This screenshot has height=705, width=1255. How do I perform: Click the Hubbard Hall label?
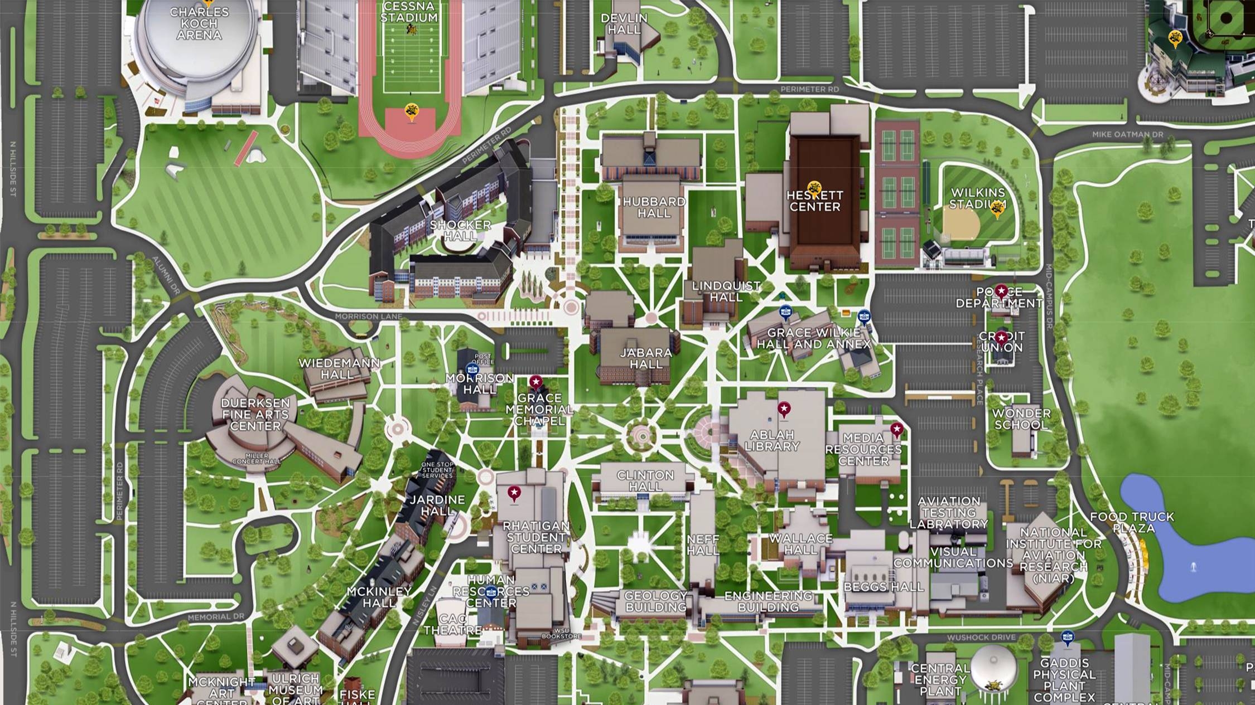[x=654, y=207]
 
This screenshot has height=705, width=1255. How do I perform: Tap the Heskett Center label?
[x=814, y=201]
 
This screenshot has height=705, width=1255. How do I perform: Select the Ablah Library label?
[x=772, y=440]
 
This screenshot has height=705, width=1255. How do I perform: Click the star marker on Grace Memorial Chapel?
[x=535, y=382]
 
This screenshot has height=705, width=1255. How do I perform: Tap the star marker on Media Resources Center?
[x=896, y=430]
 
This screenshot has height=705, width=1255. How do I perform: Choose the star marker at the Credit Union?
[x=1001, y=338]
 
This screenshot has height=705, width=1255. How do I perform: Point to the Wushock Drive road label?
[x=981, y=637]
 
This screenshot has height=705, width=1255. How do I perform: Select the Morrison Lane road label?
[x=368, y=317]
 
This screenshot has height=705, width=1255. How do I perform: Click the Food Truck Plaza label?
[x=1132, y=522]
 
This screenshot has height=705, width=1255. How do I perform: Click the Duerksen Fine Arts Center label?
[x=255, y=414]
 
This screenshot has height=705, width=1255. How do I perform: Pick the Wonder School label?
[x=1021, y=419]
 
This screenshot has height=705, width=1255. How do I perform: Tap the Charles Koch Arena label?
[x=199, y=23]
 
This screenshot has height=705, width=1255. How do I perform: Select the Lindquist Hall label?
[x=726, y=291]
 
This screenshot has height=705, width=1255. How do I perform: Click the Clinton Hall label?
[x=645, y=481]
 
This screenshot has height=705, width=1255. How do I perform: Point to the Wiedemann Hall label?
[x=339, y=368]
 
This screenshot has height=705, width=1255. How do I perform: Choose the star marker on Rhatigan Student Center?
[x=514, y=493]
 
